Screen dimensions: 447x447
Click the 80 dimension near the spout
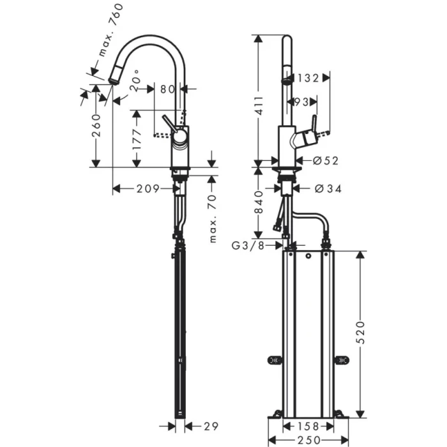(167, 89)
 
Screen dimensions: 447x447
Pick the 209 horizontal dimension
(146, 188)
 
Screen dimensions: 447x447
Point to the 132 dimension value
(308, 78)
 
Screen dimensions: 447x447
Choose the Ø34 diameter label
(328, 188)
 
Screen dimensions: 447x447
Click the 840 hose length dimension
(259, 202)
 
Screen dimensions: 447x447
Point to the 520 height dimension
(361, 332)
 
